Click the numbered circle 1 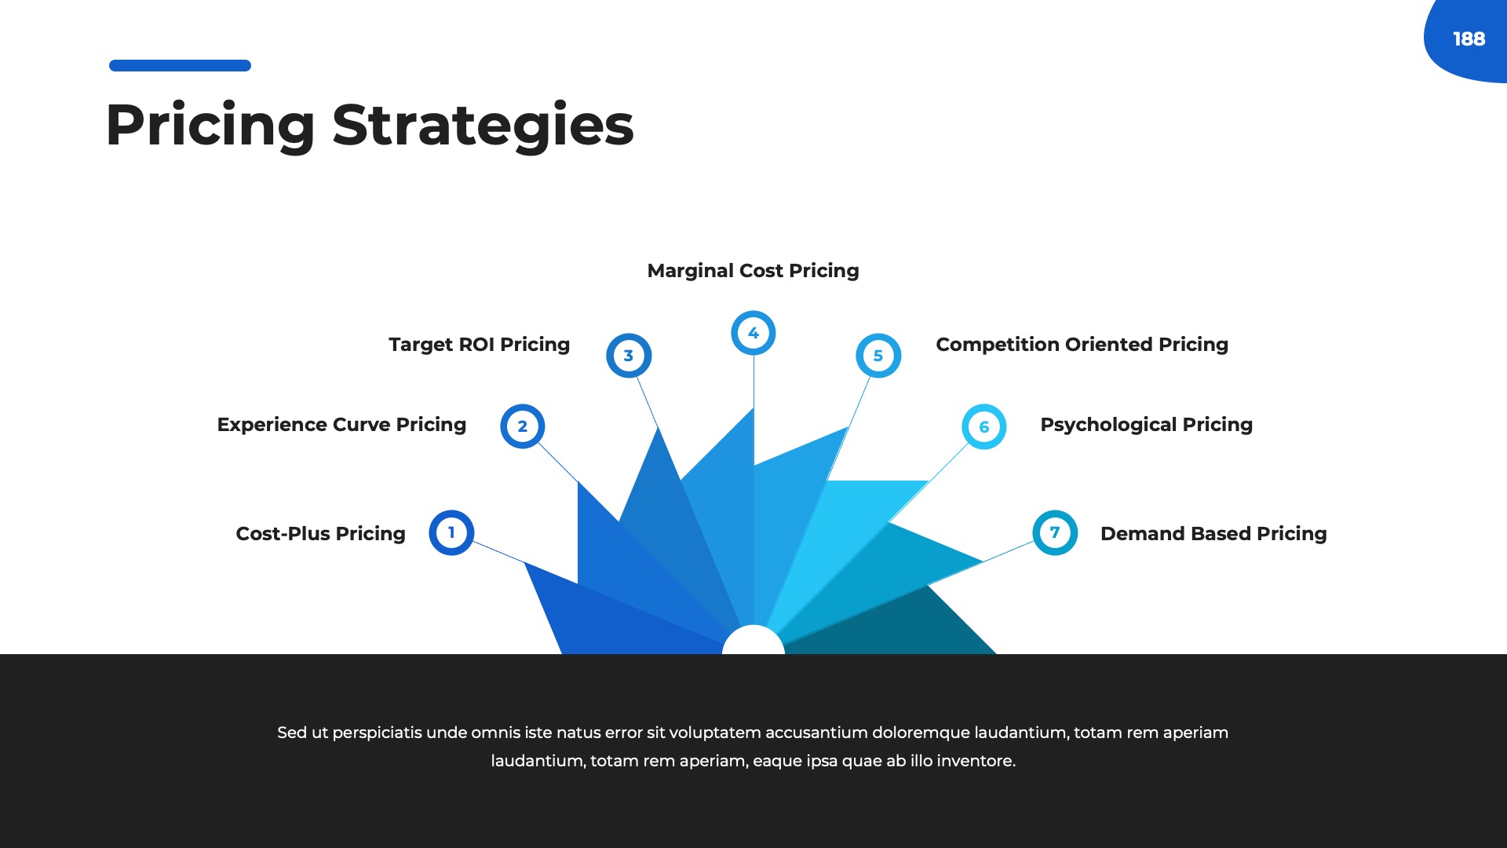coord(451,533)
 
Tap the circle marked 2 coord(523,426)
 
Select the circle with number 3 coord(629,356)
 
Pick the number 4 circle coord(753,333)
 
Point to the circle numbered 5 coord(878,356)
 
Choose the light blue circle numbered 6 coord(984,427)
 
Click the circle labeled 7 coord(1055,533)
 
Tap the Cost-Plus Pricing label coord(320,534)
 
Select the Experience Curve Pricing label coord(341,425)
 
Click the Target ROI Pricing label coord(479,345)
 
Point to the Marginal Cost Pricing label coord(753,271)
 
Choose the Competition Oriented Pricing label coord(1082,345)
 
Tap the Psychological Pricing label coord(1146,425)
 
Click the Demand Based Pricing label coord(1213,534)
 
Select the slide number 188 coord(1469,39)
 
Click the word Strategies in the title coord(483,126)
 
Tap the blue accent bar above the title coord(180,66)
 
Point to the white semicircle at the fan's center coord(753,641)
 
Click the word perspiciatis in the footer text coord(377,733)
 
